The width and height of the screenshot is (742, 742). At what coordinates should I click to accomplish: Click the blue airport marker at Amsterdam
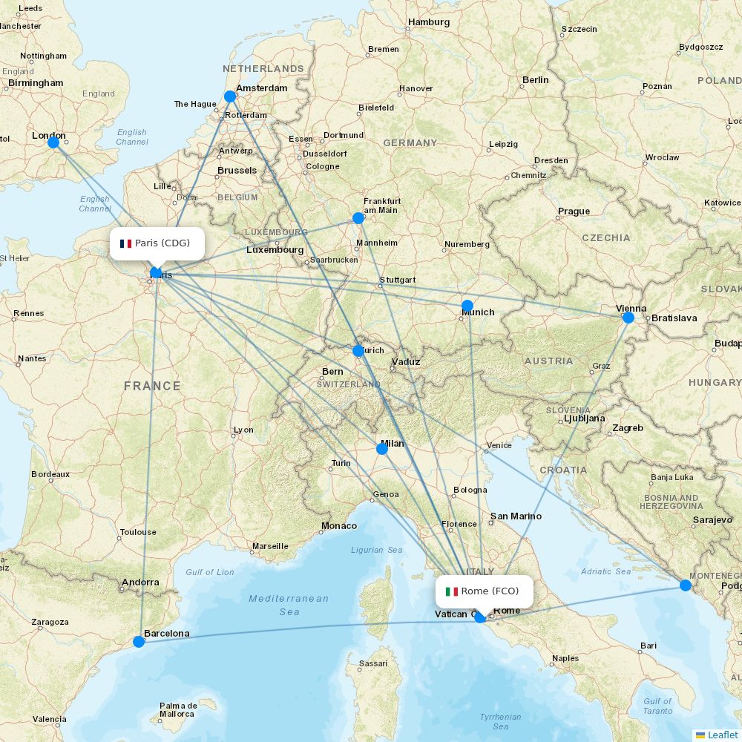tap(230, 96)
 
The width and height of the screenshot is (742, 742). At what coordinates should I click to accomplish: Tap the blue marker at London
tap(53, 142)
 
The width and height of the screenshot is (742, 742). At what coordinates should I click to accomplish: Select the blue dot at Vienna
tap(628, 318)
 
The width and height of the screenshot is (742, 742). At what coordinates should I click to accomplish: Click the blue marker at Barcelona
tap(139, 642)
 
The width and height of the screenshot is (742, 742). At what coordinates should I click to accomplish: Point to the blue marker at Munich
tap(467, 306)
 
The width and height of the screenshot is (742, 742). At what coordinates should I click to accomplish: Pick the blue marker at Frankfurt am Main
tap(358, 217)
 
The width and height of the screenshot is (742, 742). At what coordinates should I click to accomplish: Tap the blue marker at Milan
tap(382, 448)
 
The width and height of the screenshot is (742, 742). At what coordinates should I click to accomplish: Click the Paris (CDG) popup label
tap(157, 243)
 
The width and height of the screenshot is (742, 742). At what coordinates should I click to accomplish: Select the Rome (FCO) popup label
tap(484, 591)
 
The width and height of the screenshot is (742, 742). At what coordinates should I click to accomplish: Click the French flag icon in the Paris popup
tap(125, 243)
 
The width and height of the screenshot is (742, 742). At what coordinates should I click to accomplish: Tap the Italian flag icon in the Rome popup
tap(451, 591)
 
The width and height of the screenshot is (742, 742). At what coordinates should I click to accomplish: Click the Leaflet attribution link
tap(722, 735)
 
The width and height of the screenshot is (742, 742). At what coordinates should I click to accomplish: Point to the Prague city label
tap(574, 211)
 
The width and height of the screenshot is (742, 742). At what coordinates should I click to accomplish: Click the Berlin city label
tap(535, 79)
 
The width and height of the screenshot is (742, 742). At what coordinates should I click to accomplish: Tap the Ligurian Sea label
tap(376, 550)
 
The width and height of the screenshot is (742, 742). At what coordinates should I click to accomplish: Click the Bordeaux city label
tap(50, 474)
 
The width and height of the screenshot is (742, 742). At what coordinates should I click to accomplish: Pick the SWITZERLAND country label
tap(348, 384)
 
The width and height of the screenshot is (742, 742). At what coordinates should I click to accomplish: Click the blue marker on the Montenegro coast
tap(686, 585)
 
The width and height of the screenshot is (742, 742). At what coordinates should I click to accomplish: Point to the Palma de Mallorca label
tap(178, 710)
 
